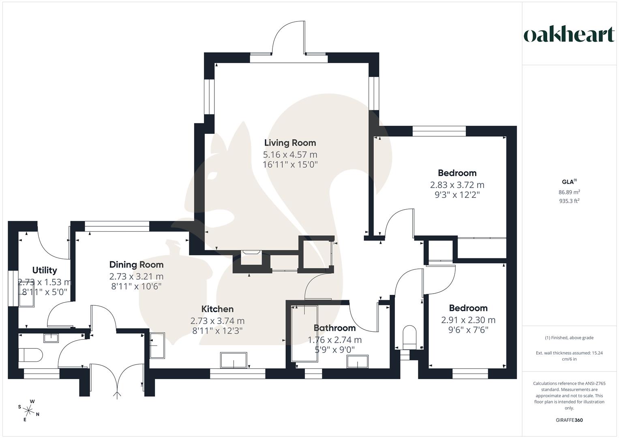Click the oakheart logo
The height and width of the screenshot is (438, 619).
coord(569,35)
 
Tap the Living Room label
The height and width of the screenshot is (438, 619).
coord(290,143)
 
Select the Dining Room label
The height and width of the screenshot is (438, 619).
coord(136,265)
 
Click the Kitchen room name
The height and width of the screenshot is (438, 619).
coord(217,309)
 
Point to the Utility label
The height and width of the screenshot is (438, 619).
coord(45,270)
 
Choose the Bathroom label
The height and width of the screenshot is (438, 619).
coord(334,328)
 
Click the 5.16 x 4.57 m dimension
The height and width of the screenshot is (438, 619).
coord(290,155)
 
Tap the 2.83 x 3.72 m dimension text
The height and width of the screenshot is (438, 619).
coord(457,185)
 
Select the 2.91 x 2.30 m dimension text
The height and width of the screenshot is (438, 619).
coord(468,320)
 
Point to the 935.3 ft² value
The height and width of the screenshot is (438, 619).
coord(569,201)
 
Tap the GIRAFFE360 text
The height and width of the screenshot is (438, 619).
coord(569,420)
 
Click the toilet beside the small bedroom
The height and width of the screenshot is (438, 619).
coord(410,336)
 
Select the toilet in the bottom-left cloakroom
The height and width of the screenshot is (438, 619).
coord(31,355)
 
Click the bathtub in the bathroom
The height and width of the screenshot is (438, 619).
coord(304,333)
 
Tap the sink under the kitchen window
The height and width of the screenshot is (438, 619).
coord(233,360)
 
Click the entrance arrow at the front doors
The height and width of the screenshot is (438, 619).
coord(118,394)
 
